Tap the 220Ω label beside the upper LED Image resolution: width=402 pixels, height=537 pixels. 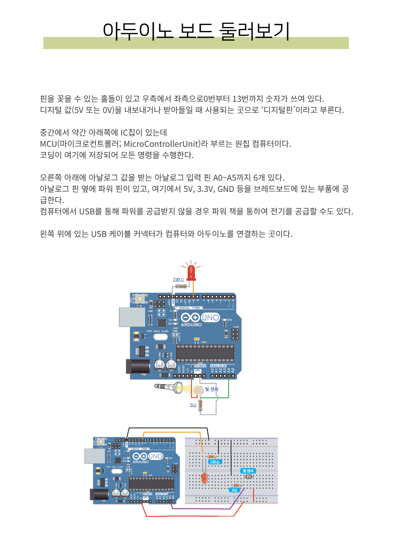(178, 280)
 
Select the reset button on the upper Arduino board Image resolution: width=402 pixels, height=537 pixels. (140, 299)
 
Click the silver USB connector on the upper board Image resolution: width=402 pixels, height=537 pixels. (132, 317)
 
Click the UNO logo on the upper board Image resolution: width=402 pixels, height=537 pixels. (210, 317)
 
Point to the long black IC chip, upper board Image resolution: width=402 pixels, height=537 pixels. (205, 353)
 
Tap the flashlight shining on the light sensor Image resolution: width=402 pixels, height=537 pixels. (169, 387)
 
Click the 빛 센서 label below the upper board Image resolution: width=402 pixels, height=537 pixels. (211, 389)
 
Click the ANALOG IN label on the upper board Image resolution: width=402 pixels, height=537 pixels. (218, 366)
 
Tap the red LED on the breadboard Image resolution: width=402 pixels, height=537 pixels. (204, 478)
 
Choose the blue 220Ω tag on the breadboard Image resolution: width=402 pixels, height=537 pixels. (215, 462)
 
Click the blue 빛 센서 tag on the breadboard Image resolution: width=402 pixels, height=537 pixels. (248, 471)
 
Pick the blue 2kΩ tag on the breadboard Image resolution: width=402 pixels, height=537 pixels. (234, 490)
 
